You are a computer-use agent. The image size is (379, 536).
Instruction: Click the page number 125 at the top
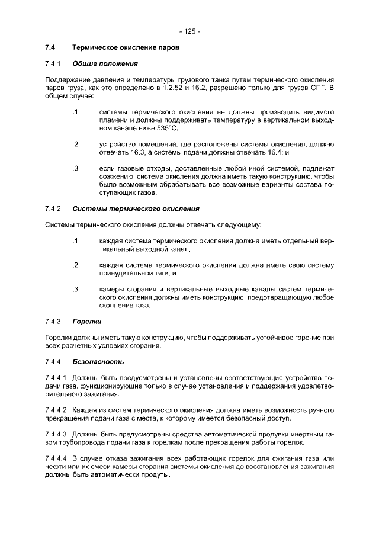point(189,31)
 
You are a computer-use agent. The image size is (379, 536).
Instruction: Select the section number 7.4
point(50,47)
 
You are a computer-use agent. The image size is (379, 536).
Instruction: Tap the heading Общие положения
point(105,63)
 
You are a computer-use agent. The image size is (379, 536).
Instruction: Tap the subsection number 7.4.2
point(53,208)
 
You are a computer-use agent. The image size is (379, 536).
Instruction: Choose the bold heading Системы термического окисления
point(136,208)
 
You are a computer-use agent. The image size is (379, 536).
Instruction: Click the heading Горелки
point(86,321)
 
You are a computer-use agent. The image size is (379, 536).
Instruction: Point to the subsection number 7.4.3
point(53,321)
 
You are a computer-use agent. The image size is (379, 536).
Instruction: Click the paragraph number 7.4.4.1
point(57,378)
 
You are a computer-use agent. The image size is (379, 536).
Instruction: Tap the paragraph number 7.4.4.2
point(57,410)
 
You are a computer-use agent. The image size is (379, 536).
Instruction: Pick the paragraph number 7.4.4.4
point(57,459)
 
